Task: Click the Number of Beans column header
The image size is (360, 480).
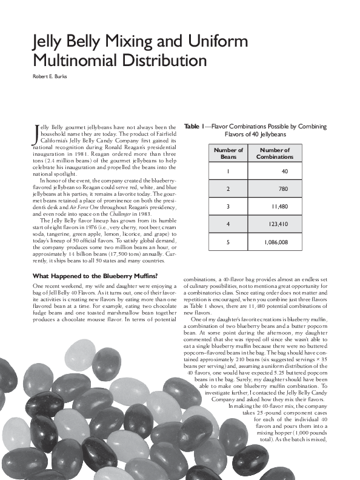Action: pos(229,153)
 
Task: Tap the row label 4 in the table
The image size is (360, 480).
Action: pos(229,224)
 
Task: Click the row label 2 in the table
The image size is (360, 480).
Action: pos(229,189)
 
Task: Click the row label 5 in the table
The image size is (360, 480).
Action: pos(229,242)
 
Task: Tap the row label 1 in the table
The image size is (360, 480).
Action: pos(229,172)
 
